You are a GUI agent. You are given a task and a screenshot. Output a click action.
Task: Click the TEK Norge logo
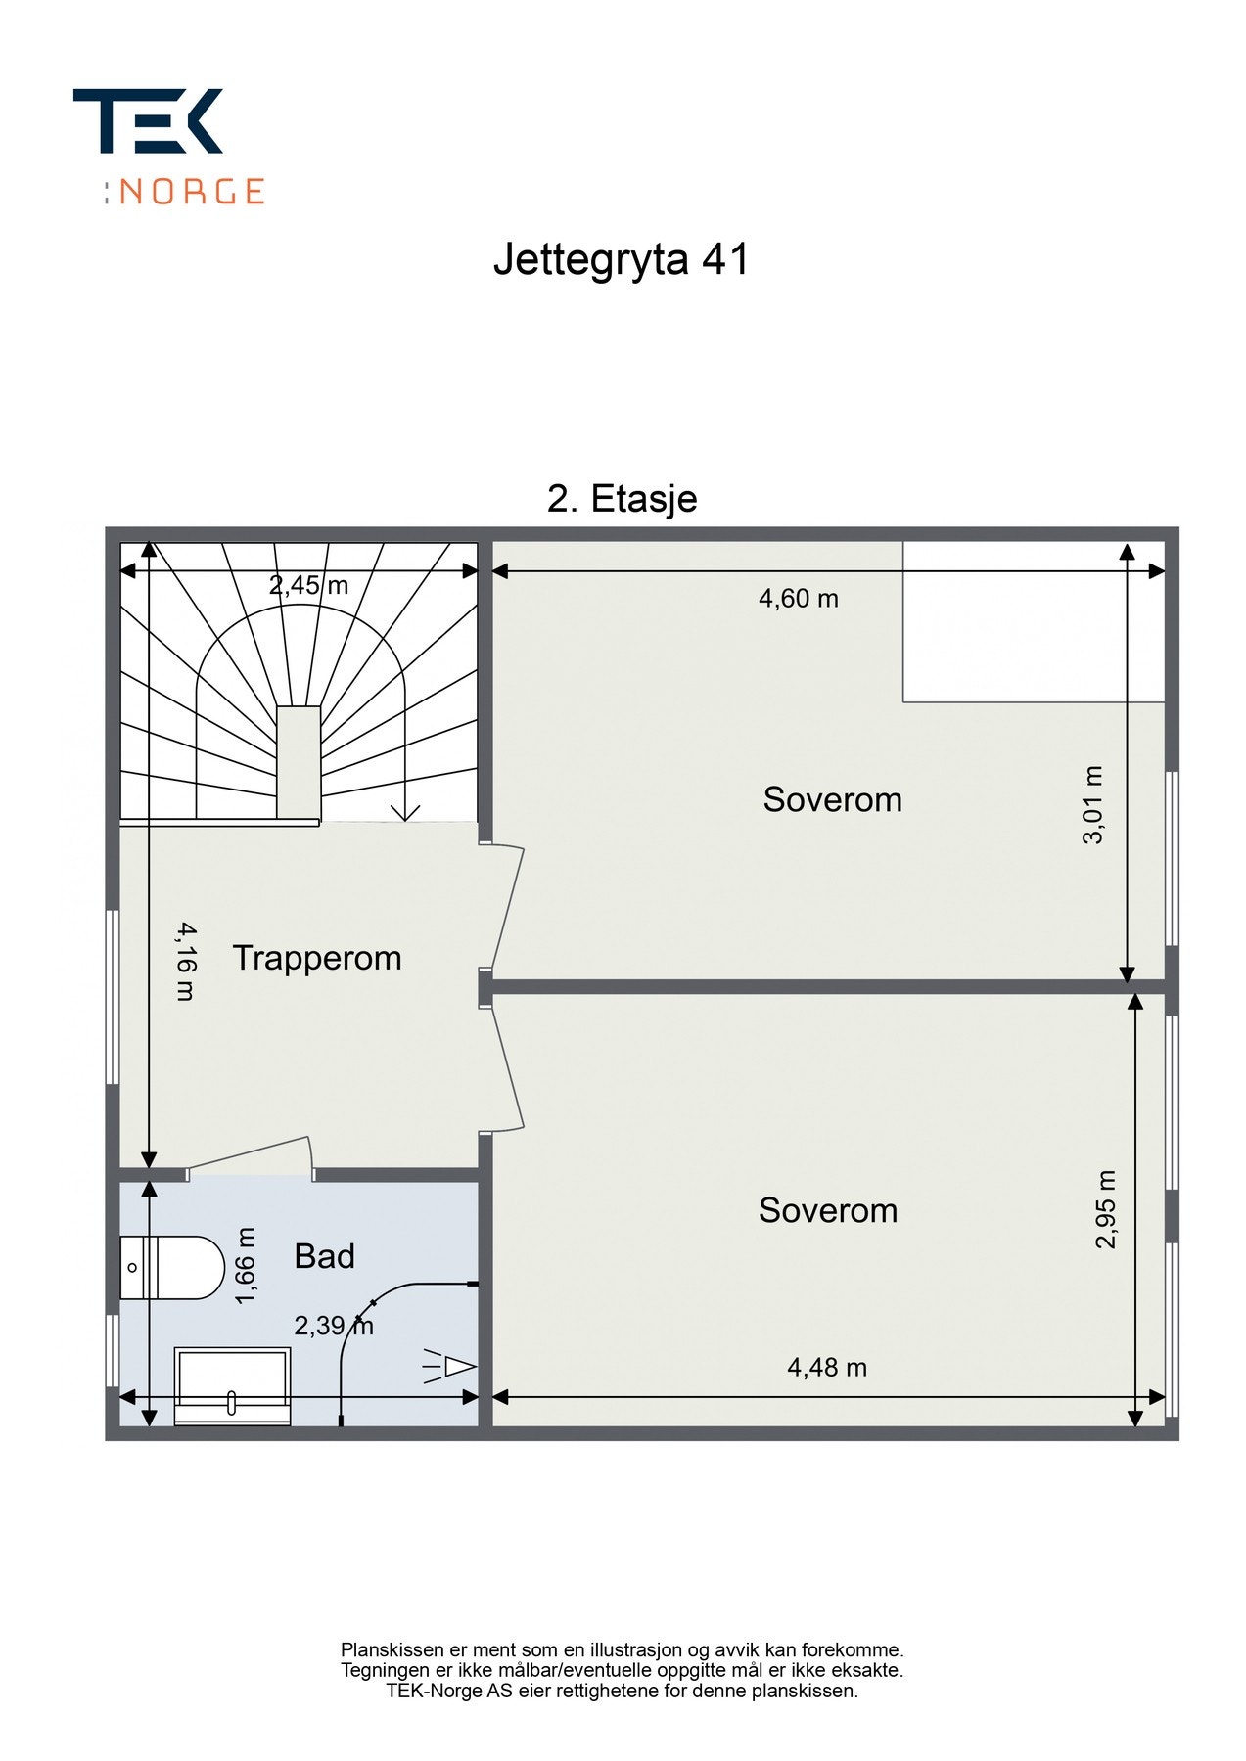point(168,147)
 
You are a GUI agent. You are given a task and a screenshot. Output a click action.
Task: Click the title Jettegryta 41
point(622,260)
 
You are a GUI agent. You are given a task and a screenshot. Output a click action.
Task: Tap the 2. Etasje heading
point(623,499)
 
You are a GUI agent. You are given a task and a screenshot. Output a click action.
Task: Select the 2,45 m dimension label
point(309,585)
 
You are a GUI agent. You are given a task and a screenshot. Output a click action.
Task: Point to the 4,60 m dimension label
point(799,598)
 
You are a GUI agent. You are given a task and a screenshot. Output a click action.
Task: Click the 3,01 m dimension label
point(1093,804)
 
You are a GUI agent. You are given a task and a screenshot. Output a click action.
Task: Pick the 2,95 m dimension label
point(1106,1209)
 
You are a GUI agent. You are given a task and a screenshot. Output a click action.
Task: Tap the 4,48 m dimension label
point(827,1367)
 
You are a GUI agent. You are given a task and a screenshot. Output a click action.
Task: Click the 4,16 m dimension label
point(186,961)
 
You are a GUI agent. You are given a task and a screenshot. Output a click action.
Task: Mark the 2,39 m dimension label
point(334,1326)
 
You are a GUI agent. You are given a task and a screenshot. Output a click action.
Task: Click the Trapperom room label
point(317,958)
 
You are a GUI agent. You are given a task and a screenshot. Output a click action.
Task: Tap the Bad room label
point(324,1256)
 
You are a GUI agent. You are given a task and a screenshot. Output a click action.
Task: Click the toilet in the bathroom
point(172,1267)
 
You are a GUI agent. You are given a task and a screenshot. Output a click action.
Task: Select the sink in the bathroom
point(232,1386)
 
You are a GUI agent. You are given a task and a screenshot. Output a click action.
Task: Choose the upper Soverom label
point(832,799)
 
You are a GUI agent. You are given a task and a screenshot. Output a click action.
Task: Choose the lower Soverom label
point(828,1210)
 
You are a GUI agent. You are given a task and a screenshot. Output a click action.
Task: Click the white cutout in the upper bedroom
point(1034,621)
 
